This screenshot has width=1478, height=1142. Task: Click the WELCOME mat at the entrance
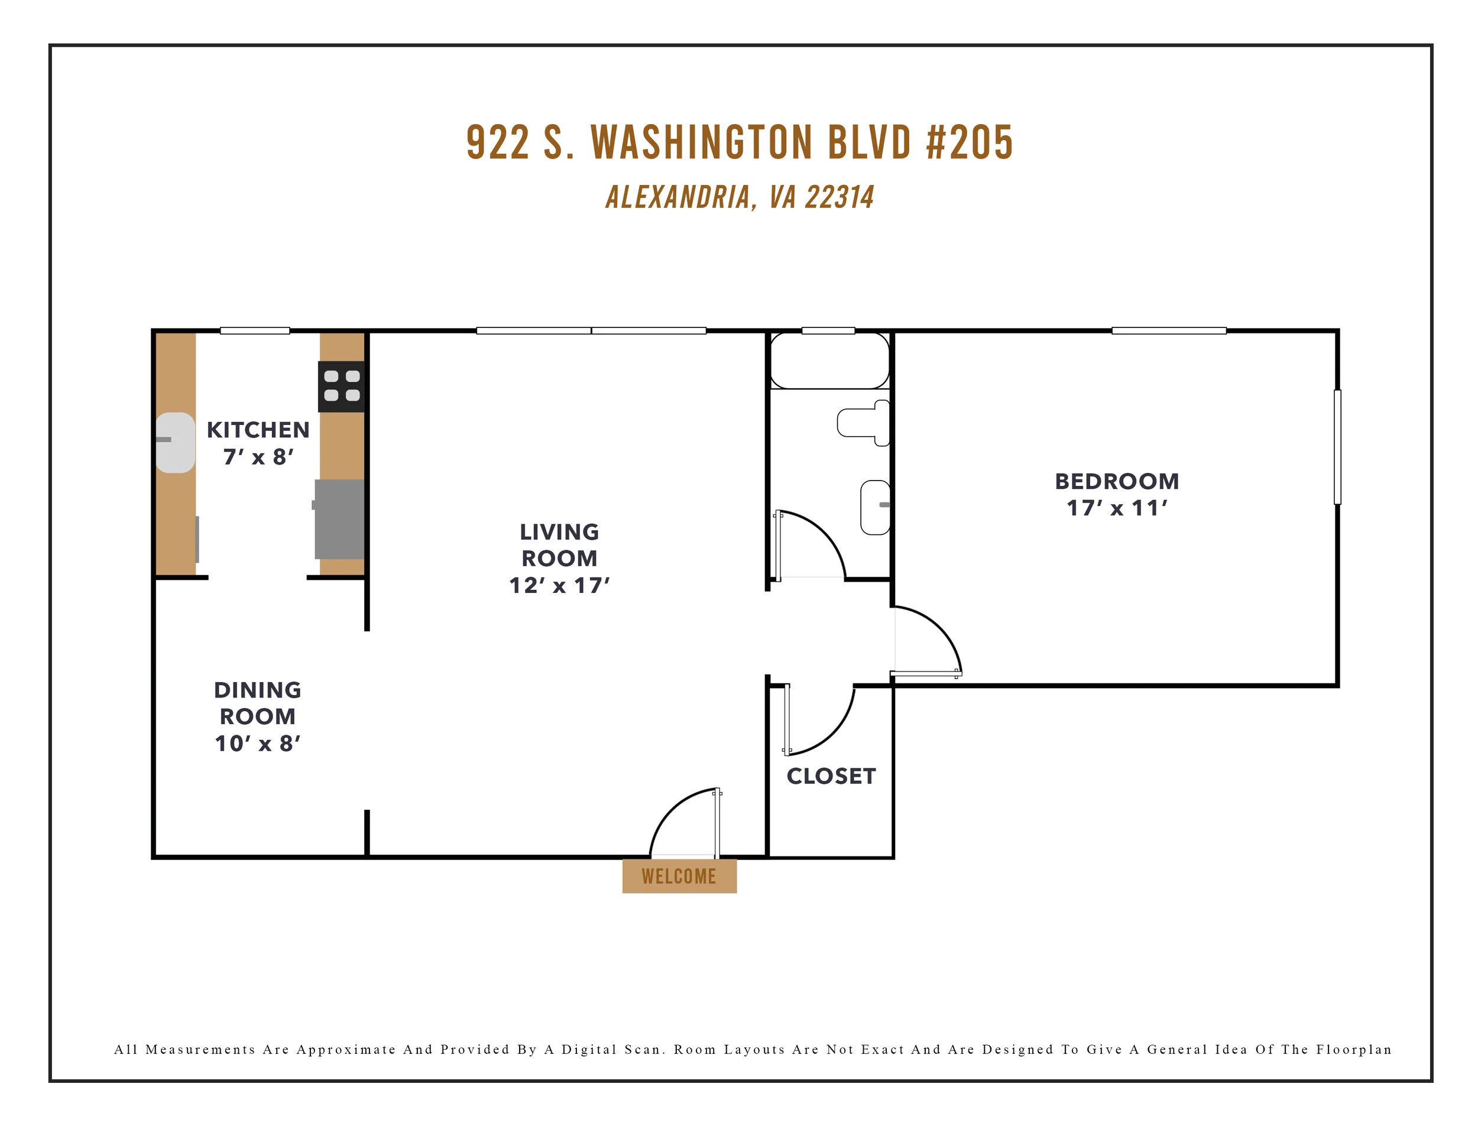pos(679,876)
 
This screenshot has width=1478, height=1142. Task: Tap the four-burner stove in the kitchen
pos(342,387)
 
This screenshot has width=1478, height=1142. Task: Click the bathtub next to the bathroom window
pos(829,361)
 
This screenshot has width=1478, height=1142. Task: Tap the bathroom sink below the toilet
pos(875,507)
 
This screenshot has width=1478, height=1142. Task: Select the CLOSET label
pos(831,776)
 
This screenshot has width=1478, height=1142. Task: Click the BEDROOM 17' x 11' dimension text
pos(1117,507)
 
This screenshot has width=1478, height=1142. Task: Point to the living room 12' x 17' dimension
pos(559,585)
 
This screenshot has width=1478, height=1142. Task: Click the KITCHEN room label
pos(258,430)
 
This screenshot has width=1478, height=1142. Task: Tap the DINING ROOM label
pos(257,703)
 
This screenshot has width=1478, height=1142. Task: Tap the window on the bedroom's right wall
pos(1337,446)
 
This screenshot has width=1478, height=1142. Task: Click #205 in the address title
pos(969,143)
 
